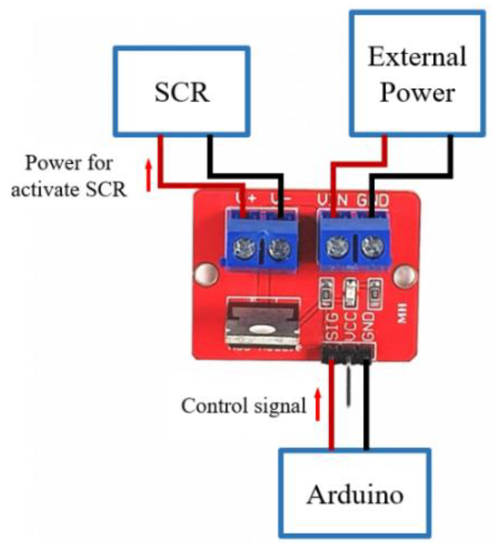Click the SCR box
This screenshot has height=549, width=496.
181,91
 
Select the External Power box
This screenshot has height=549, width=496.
417,74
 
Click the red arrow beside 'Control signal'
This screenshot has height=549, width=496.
317,405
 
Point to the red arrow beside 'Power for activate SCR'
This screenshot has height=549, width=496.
149,176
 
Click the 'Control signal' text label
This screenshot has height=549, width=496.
244,406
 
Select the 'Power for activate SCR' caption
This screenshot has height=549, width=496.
69,176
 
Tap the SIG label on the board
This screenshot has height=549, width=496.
333,326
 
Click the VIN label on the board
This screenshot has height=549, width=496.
332,200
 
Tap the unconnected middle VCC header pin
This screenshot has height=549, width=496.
349,385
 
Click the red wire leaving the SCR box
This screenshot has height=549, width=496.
161,160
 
